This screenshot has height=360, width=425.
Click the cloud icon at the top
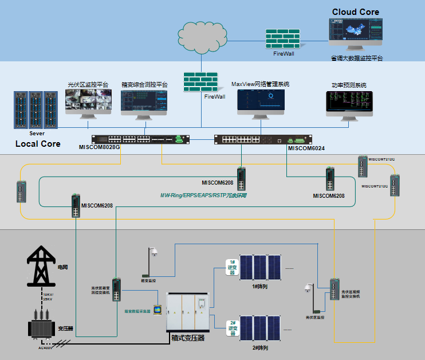(200, 33)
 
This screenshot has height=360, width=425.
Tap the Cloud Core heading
(355, 11)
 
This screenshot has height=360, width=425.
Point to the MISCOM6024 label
(306, 148)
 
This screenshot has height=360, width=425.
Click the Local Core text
(37, 143)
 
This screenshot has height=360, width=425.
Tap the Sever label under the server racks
(37, 133)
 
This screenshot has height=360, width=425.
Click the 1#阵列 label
(261, 286)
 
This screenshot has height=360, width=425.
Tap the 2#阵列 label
(261, 348)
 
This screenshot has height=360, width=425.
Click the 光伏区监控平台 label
(88, 85)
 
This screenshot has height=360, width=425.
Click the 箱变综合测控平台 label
(144, 85)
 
